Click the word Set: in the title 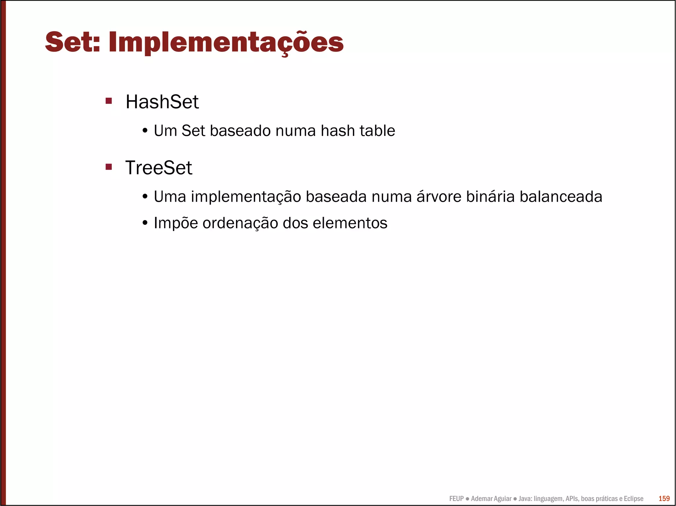[x=72, y=42]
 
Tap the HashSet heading [x=162, y=102]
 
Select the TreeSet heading [x=158, y=168]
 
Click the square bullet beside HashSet [x=109, y=101]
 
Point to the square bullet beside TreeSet [x=109, y=166]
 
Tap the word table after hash [x=377, y=131]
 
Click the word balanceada [x=561, y=196]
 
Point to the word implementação [x=246, y=197]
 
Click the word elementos [x=350, y=223]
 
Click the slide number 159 [x=664, y=499]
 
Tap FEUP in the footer [x=456, y=499]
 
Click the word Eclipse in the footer [x=633, y=499]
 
